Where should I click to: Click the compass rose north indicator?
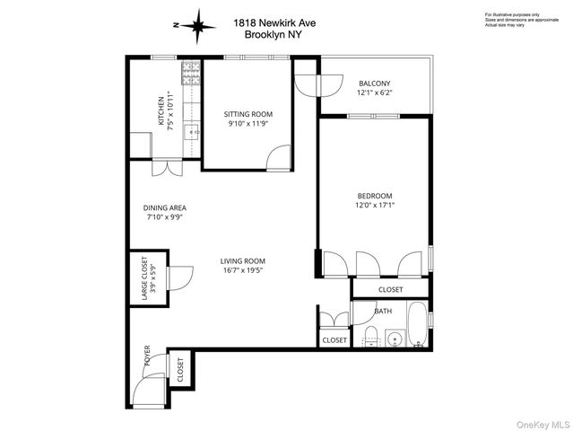tap(195, 25)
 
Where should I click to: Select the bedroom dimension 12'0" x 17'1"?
tap(376, 205)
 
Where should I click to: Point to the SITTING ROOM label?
tap(247, 114)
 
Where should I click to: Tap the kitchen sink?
tap(190, 132)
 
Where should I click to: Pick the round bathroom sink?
tap(393, 339)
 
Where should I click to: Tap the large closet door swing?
tap(179, 278)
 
